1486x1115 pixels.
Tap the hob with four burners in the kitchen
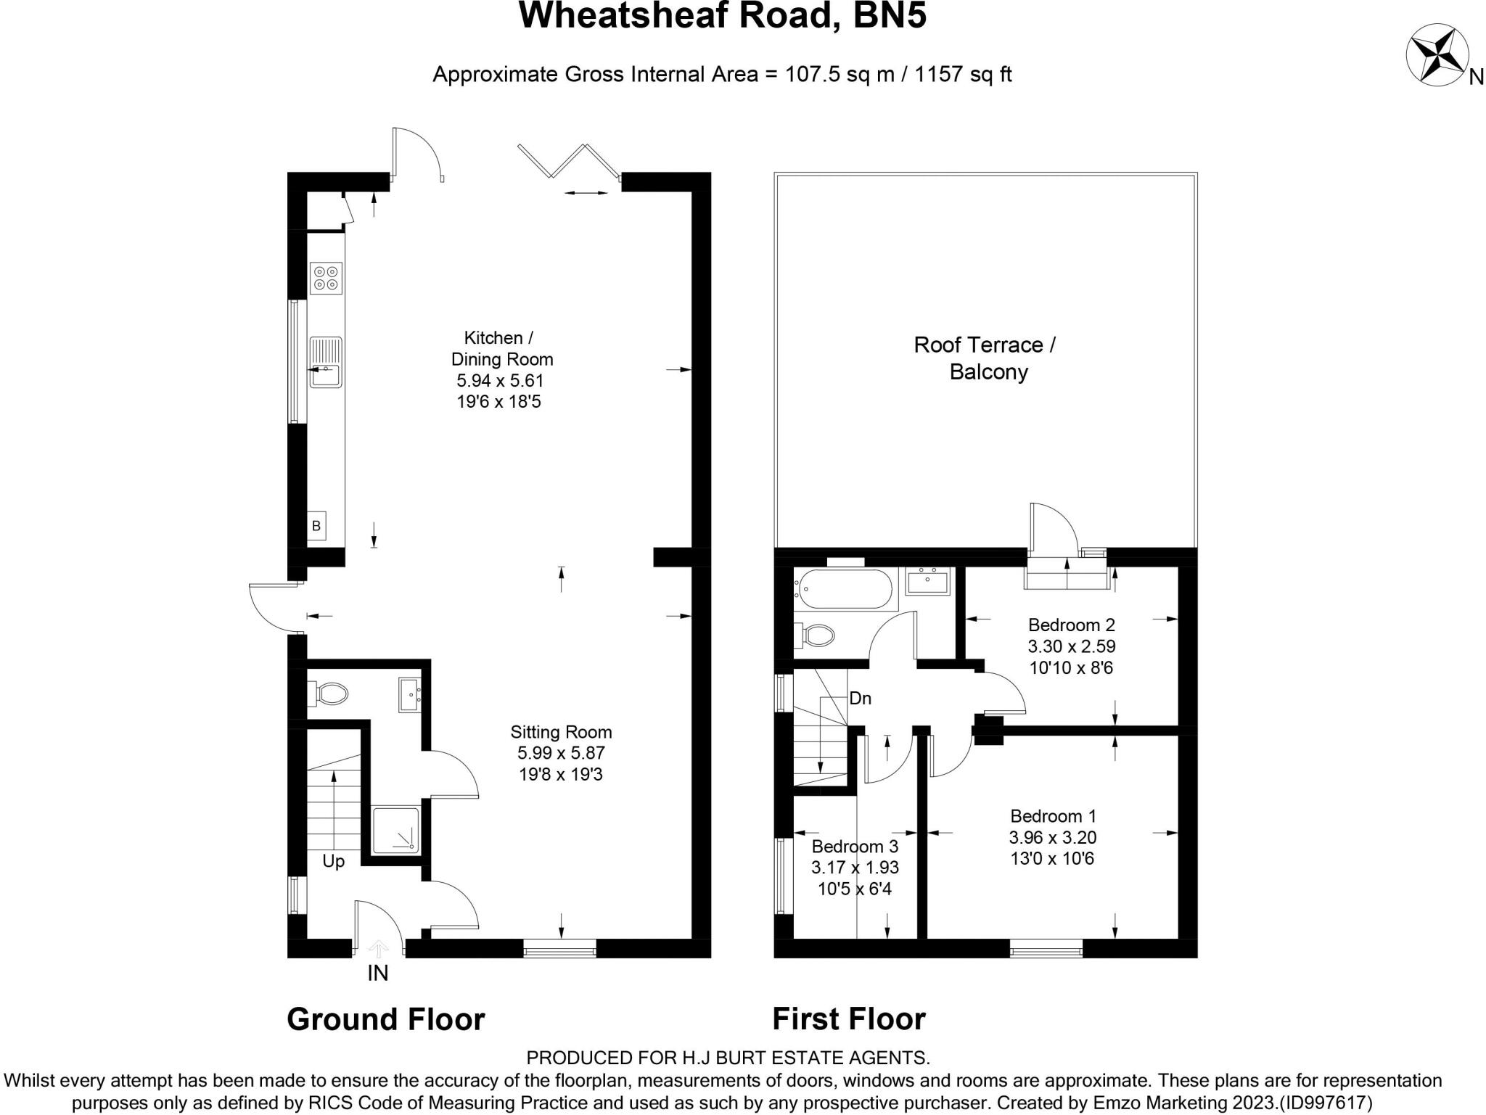[x=326, y=279]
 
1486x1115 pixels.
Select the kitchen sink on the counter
[x=326, y=362]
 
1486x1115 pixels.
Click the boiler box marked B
[x=316, y=526]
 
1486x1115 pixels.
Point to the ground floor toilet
[x=327, y=694]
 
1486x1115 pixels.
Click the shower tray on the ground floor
[x=395, y=830]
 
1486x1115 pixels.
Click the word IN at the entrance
[x=378, y=973]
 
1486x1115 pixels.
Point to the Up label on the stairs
[x=333, y=862]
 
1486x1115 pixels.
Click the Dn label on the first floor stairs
[x=860, y=699]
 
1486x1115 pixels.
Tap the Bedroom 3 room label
[x=855, y=846]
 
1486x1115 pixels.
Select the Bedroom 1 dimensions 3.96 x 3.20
[x=1052, y=837]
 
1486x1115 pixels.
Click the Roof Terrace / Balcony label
[x=985, y=358]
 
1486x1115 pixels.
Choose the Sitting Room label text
[x=561, y=732]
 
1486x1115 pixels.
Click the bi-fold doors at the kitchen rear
[x=570, y=160]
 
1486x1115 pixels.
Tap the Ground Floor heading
[x=386, y=1019]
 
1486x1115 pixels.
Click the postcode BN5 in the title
[x=890, y=15]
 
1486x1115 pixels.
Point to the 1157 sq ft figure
[x=964, y=74]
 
